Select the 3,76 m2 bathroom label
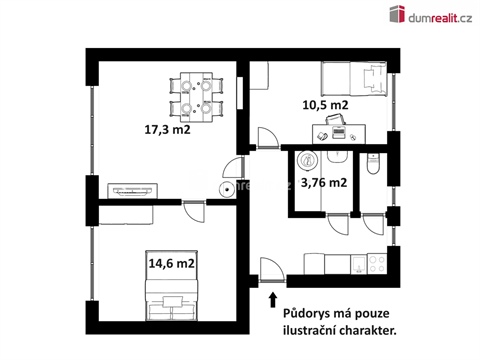[x=326, y=182]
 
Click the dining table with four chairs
[x=192, y=94]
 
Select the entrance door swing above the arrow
[x=268, y=268]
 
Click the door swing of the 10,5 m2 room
[x=266, y=137]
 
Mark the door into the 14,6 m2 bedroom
[x=192, y=211]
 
